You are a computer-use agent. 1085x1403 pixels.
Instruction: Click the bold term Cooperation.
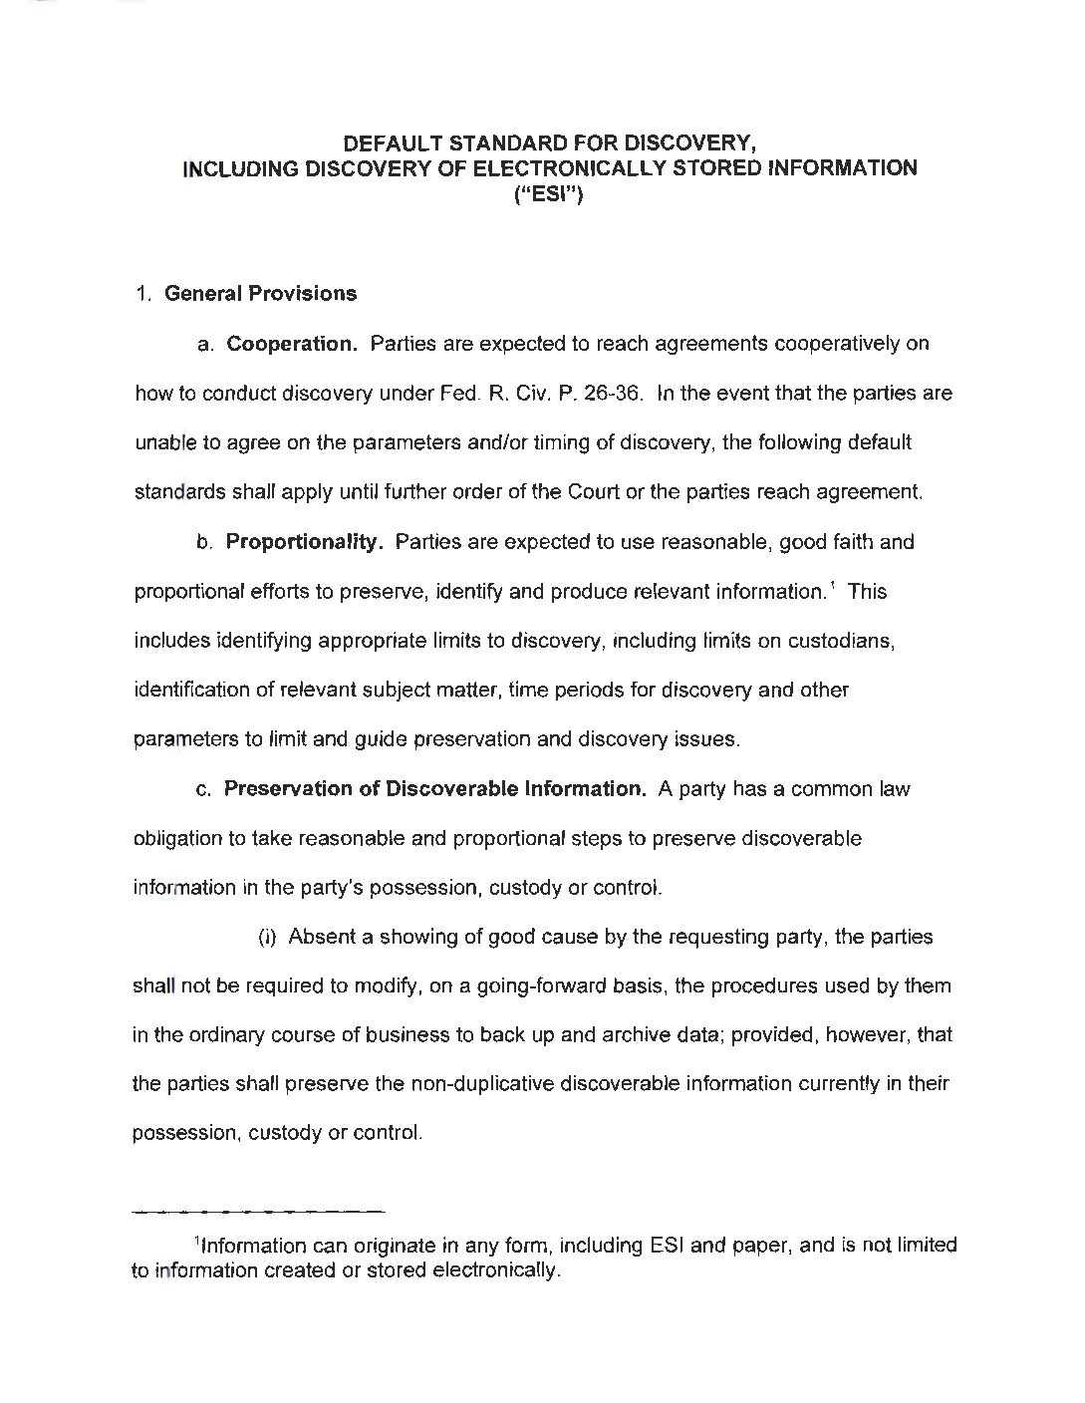click(292, 344)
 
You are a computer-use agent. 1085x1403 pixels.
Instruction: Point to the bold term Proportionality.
click(304, 542)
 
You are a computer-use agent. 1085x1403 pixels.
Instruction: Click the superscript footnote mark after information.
click(834, 585)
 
